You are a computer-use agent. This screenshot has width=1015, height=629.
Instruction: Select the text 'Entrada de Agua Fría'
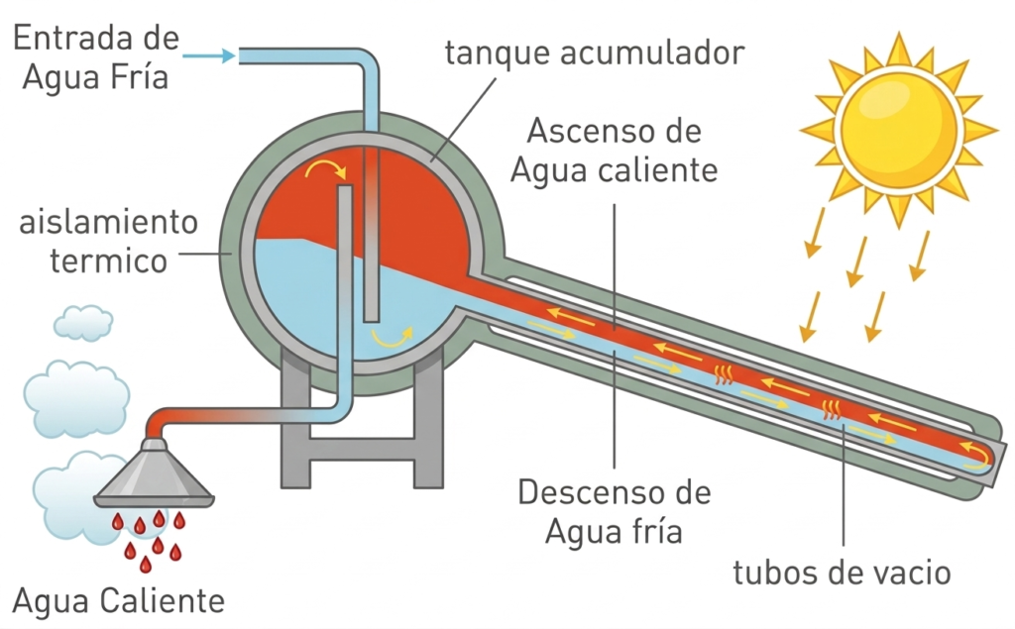[x=93, y=56]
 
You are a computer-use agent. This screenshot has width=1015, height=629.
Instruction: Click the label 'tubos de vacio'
[x=842, y=572]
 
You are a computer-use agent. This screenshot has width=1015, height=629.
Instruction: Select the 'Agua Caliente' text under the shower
[x=118, y=600]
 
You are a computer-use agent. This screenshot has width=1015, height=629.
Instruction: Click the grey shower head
[x=157, y=473]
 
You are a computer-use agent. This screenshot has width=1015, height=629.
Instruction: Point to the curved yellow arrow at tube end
[x=977, y=455]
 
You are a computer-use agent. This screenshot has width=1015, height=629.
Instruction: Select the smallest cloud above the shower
[x=82, y=321]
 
